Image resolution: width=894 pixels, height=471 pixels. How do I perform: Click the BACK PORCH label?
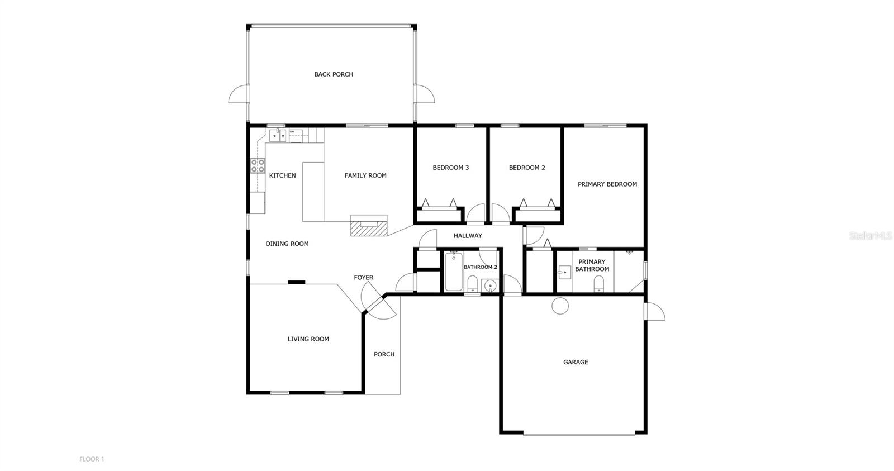coord(334,74)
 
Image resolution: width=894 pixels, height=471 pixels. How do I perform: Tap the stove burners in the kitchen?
coord(258,165)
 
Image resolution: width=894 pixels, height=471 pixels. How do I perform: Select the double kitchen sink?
coord(278,135)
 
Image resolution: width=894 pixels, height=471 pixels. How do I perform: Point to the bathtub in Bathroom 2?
coord(453,272)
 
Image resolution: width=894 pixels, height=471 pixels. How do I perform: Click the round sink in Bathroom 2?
coord(490,286)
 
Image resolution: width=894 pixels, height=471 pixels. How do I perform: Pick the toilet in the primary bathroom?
coord(598,284)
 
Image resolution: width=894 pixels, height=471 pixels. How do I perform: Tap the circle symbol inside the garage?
coord(560,306)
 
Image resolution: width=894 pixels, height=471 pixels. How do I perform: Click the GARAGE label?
coord(576,362)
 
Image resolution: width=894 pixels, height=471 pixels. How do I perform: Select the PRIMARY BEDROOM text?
coord(607,184)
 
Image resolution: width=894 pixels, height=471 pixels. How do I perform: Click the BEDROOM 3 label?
coord(450,168)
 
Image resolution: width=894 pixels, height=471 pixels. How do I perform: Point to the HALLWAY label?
coord(468,236)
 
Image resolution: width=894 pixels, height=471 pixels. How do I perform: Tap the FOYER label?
coord(363,278)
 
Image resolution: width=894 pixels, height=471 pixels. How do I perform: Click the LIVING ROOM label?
coord(308,339)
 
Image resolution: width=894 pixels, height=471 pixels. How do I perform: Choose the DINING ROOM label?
coord(287,244)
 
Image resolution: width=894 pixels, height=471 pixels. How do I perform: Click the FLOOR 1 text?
coord(92,459)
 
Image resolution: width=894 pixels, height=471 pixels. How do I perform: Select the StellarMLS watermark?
coord(870,236)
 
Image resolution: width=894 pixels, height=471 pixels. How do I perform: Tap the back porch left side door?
coord(239,95)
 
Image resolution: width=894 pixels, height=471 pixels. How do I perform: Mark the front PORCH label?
coord(384,354)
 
